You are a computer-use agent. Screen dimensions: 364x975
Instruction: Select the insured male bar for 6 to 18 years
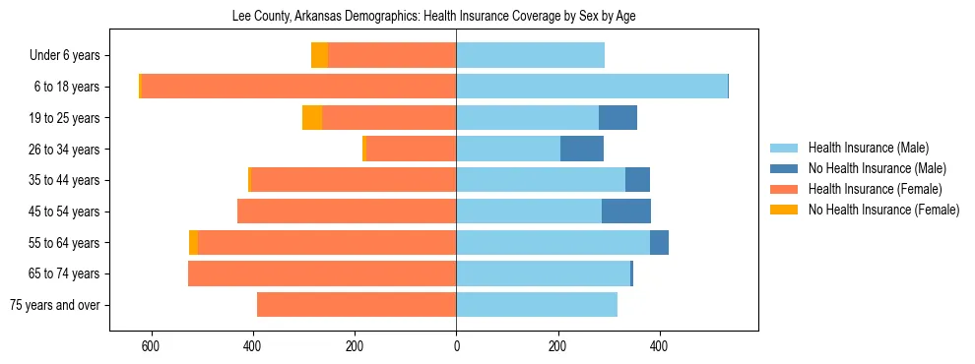click(x=591, y=87)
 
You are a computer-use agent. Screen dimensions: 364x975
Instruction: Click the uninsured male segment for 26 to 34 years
click(x=582, y=149)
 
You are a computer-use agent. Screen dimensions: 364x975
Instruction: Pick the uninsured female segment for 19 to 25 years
click(x=312, y=118)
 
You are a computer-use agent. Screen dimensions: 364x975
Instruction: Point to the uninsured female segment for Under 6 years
click(x=319, y=55)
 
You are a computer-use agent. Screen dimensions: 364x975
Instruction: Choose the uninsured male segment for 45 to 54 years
click(x=626, y=211)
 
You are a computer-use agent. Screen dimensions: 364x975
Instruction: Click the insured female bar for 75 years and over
click(x=357, y=305)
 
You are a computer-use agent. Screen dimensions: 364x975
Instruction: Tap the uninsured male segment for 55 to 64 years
click(x=659, y=242)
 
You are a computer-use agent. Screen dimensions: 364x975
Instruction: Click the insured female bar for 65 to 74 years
click(x=322, y=273)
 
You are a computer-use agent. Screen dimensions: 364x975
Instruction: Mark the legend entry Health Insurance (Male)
click(x=868, y=148)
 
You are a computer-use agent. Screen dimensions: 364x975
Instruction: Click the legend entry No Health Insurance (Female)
click(x=883, y=210)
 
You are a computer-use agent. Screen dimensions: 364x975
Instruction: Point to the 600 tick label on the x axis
click(x=151, y=346)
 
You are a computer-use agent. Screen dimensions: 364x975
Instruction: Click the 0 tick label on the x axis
click(x=456, y=346)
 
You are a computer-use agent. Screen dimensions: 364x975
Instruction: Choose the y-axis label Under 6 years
click(x=71, y=55)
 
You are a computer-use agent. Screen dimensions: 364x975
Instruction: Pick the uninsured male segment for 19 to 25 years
click(x=617, y=118)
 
